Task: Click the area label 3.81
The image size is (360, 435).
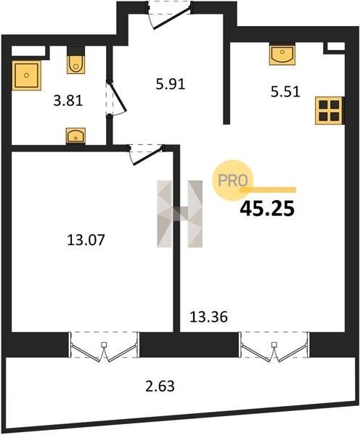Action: pyautogui.click(x=68, y=101)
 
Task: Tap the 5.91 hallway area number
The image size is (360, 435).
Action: pyautogui.click(x=171, y=84)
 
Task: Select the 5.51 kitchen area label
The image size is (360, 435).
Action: pyautogui.click(x=285, y=92)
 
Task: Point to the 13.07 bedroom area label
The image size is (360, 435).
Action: pyautogui.click(x=86, y=240)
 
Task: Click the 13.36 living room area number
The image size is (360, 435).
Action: pyautogui.click(x=208, y=317)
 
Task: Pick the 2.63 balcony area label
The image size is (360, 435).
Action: pyautogui.click(x=160, y=386)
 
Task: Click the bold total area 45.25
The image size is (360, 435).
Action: pyautogui.click(x=267, y=209)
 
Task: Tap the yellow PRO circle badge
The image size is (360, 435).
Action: pyautogui.click(x=233, y=181)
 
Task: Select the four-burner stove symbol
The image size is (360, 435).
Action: pyautogui.click(x=330, y=111)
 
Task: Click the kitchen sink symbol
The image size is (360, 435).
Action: pyautogui.click(x=282, y=54)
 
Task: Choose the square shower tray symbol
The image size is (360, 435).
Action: pyautogui.click(x=27, y=75)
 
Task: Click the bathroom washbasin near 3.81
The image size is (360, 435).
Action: pyautogui.click(x=75, y=136)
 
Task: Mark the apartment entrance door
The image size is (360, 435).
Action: pyautogui.click(x=169, y=15)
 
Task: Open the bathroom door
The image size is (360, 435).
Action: pyautogui.click(x=116, y=98)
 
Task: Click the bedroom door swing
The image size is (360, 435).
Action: pyautogui.click(x=145, y=155)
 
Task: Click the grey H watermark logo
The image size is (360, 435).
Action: pyautogui.click(x=180, y=214)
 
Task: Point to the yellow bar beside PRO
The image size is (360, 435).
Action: pyautogui.click(x=268, y=190)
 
